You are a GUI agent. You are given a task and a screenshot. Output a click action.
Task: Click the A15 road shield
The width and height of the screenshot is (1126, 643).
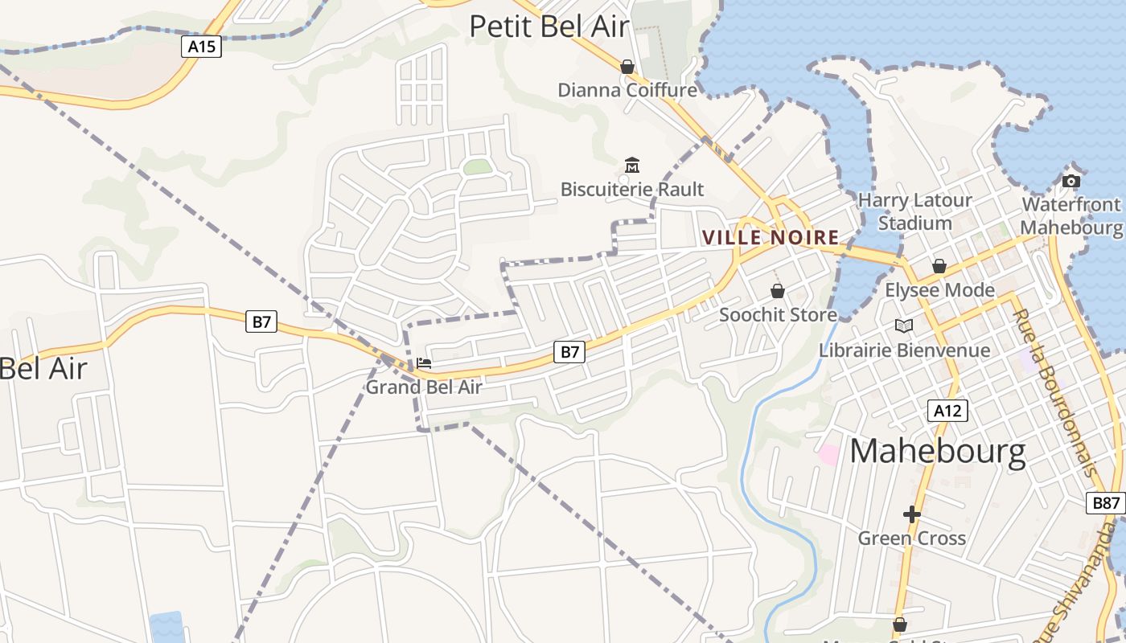tap(201, 47)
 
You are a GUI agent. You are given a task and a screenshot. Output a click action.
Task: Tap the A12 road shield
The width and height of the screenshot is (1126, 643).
tap(947, 411)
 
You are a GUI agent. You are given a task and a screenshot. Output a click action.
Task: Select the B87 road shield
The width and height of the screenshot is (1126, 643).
tap(1106, 503)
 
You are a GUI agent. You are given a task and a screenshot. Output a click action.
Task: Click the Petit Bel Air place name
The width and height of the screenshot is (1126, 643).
tap(549, 27)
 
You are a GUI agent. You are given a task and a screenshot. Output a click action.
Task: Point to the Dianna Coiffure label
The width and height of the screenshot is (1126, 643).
tap(627, 89)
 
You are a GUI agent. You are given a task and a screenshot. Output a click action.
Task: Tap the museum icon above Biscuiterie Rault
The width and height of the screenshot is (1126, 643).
tap(632, 166)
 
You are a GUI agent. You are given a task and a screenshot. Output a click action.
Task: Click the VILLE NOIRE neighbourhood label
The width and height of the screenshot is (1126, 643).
tap(771, 238)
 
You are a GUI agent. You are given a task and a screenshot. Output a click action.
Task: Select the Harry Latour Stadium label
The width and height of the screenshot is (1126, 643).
tap(915, 211)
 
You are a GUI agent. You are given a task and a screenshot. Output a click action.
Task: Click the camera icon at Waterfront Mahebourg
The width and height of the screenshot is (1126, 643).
tap(1071, 181)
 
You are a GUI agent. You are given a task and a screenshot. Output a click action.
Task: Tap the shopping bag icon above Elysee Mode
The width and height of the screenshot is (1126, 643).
tap(939, 266)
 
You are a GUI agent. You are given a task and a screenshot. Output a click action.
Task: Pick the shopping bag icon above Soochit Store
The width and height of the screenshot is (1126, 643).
tap(778, 291)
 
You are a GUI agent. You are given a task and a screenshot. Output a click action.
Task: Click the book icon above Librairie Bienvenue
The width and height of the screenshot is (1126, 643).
tap(904, 326)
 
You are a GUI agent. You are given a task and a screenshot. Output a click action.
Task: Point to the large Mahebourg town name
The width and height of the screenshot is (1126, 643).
tap(938, 452)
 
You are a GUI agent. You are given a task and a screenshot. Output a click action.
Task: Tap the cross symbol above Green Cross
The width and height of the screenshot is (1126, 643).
tap(911, 514)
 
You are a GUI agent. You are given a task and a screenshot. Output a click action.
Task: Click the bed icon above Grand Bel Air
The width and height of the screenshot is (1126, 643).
tap(424, 363)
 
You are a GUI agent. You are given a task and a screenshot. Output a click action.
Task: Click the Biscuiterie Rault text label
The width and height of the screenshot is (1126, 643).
tap(632, 190)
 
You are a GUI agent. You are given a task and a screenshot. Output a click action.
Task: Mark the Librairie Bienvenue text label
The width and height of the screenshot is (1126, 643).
tap(904, 350)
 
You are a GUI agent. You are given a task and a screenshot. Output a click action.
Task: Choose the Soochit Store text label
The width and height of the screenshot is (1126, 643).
tap(778, 314)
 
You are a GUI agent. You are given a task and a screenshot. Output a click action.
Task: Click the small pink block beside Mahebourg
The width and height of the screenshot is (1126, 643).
tap(828, 453)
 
